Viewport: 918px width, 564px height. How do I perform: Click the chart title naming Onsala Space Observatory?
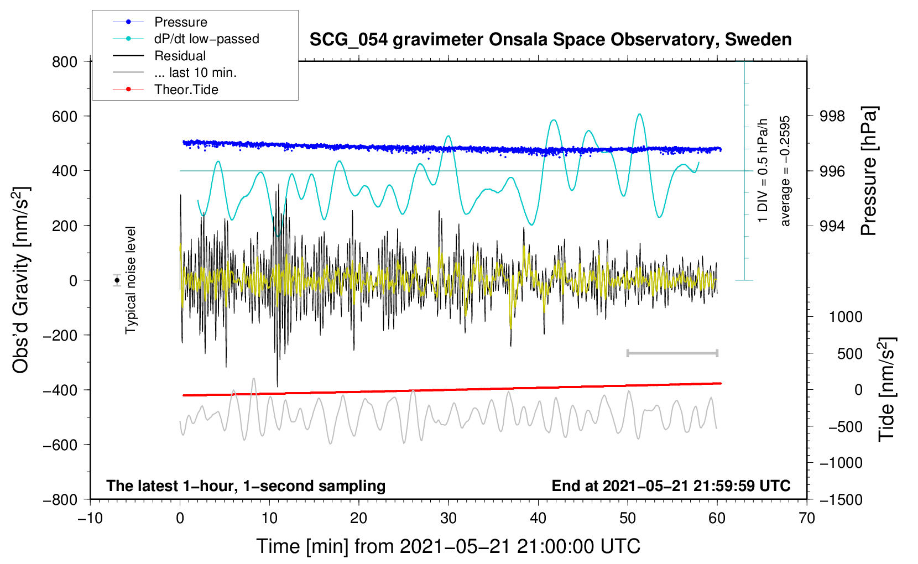550,40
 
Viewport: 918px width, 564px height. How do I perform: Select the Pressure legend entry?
180,22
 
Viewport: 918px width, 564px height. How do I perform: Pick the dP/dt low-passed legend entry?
206,39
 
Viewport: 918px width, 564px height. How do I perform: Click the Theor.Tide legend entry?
186,90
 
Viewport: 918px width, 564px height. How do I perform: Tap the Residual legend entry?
180,56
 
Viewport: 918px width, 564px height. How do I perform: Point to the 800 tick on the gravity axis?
65,61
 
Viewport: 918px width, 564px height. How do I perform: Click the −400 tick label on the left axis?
60,390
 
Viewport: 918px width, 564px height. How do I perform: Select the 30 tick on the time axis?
448,518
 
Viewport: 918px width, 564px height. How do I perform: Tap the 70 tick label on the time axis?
807,518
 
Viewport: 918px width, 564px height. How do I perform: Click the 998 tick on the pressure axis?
832,116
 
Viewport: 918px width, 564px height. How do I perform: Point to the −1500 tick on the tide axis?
841,499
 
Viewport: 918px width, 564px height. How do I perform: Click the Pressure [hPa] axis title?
869,171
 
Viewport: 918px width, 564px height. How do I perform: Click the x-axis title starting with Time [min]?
448,546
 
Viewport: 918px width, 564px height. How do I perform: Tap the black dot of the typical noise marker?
117,280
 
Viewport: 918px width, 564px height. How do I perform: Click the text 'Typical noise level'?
131,280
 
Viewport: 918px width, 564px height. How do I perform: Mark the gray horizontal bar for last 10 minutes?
672,353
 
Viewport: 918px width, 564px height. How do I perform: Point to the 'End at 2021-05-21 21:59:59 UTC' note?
671,485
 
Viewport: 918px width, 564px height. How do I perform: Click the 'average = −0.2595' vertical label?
785,171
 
